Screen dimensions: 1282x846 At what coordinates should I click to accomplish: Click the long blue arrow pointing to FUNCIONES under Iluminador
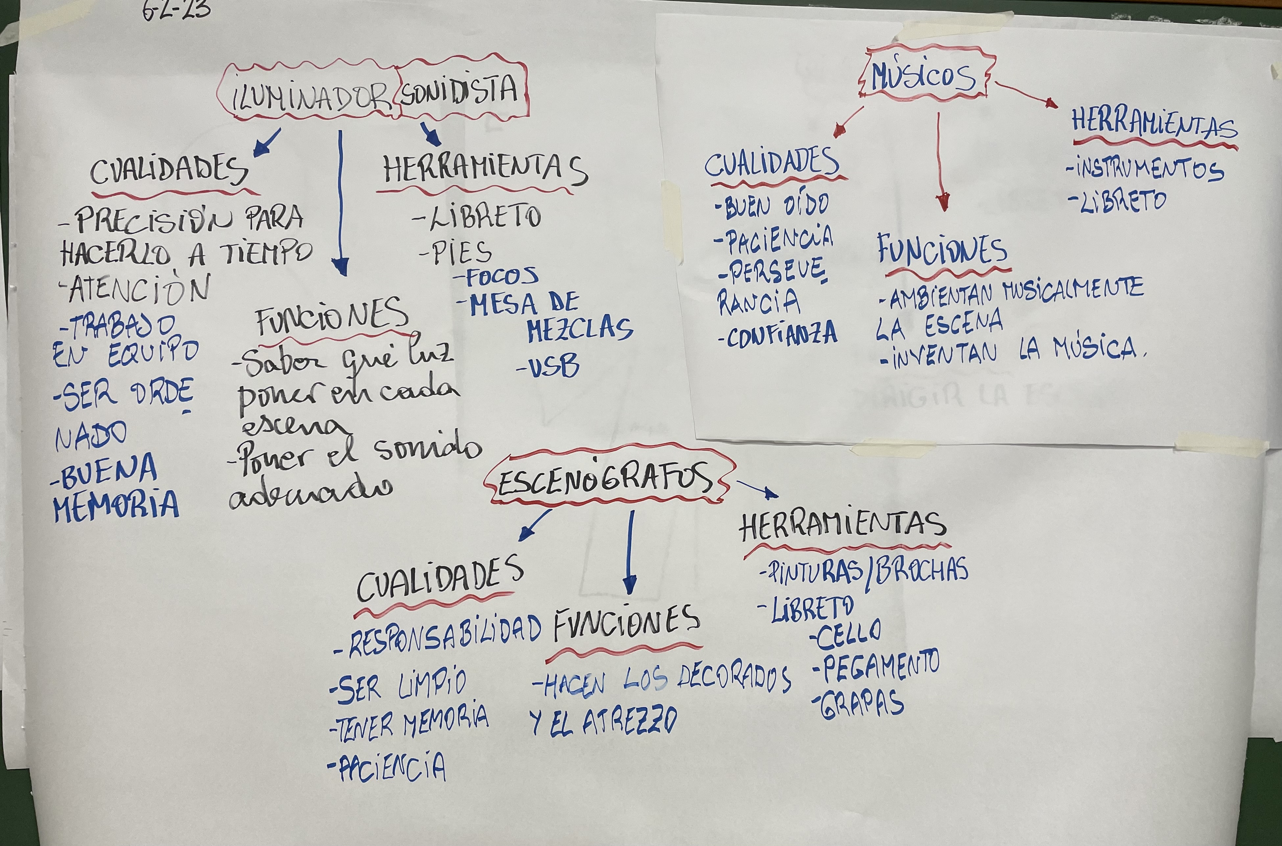tap(340, 205)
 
